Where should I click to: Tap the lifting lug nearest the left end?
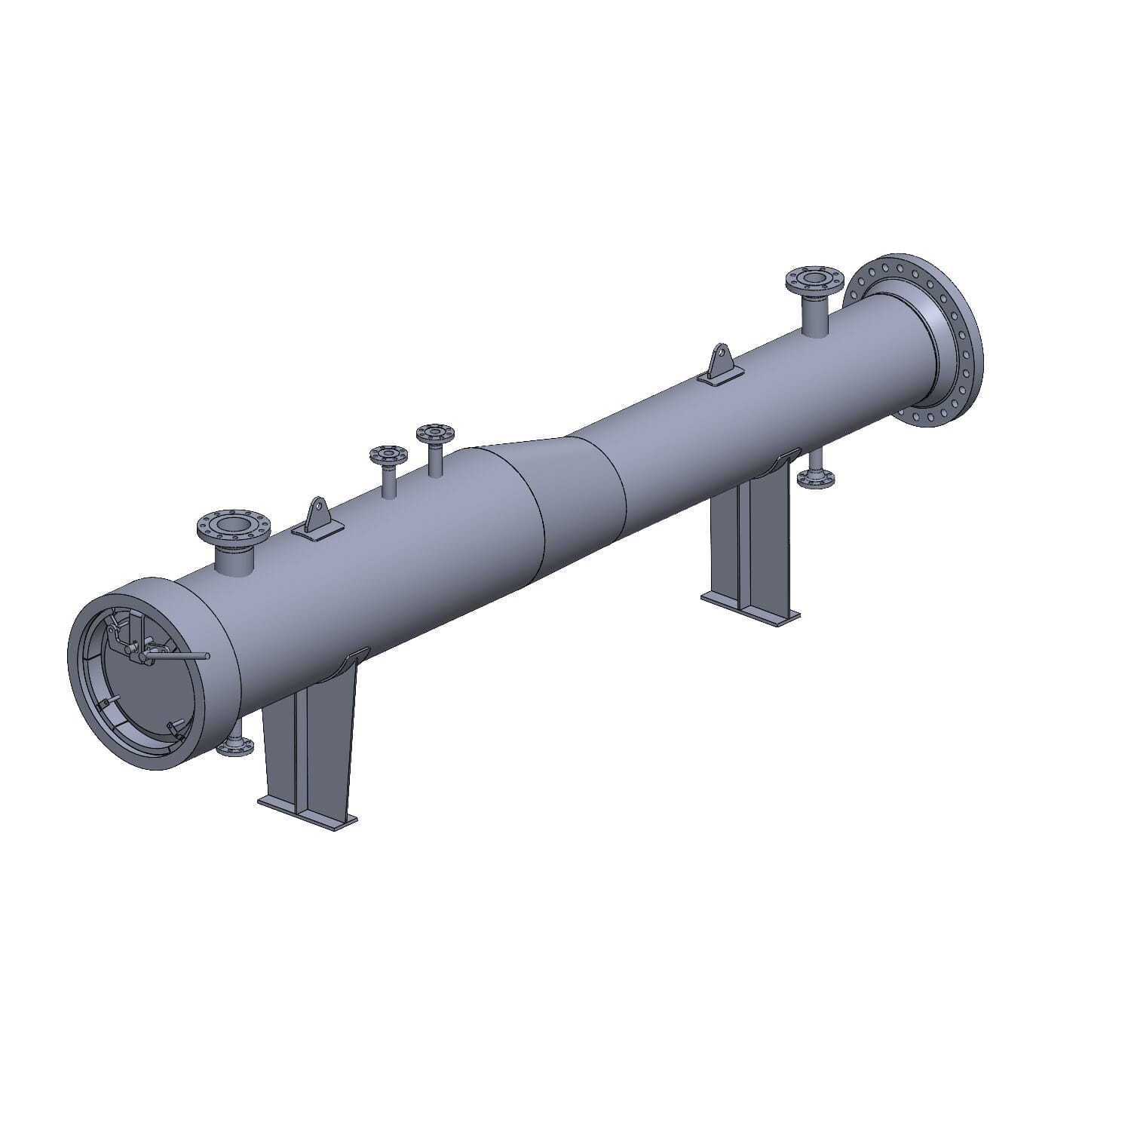(317, 514)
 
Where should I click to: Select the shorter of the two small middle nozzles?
(388, 455)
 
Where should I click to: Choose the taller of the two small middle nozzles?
(435, 434)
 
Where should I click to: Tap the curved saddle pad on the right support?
(784, 458)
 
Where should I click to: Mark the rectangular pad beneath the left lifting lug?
(317, 532)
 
